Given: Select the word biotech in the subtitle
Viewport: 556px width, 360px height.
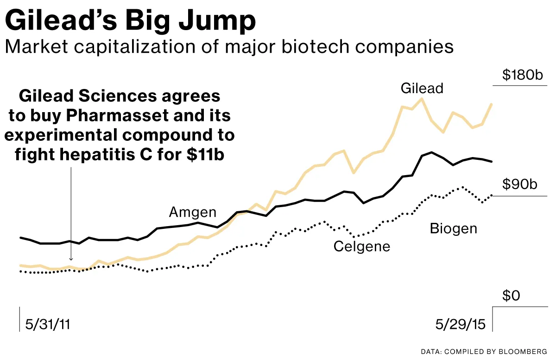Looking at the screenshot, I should click(x=299, y=47).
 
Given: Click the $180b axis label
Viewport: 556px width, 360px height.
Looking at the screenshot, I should click(x=522, y=75).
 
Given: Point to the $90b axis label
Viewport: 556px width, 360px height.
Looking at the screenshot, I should click(x=519, y=185).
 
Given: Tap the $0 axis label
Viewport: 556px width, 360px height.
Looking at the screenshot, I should click(x=512, y=295).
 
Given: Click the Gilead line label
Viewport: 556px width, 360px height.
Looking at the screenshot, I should click(x=422, y=88).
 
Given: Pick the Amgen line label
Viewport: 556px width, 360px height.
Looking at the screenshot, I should click(x=192, y=212).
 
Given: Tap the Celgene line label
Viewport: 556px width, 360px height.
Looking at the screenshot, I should click(x=362, y=246).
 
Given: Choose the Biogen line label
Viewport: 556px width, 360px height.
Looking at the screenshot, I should click(x=453, y=228).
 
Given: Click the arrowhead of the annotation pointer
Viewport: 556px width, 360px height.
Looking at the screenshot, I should click(x=70, y=260).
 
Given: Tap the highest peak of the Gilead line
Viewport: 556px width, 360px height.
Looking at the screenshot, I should click(x=422, y=98).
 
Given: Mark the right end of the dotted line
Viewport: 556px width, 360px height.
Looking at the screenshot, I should click(x=492, y=195).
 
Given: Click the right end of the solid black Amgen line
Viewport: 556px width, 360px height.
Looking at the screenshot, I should click(x=492, y=161).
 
